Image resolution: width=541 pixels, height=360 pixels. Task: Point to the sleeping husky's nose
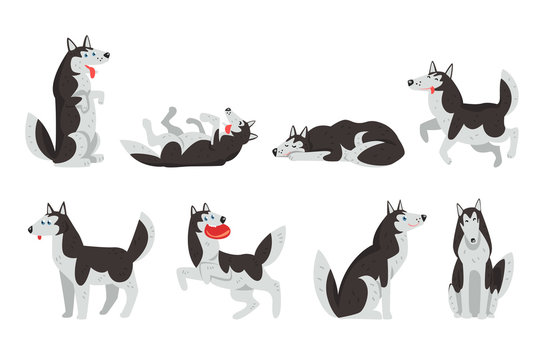tap(275, 152)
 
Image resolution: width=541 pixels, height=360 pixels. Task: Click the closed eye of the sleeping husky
tap(289, 145)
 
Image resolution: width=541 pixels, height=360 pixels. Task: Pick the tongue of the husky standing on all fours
tap(38, 238)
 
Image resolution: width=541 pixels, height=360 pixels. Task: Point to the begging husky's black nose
tap(107, 57)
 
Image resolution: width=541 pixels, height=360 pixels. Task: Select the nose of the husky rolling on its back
tap(229, 109)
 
